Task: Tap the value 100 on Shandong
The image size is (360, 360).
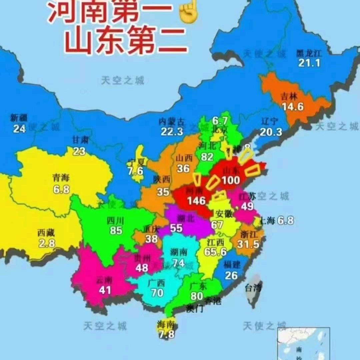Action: tap(231, 180)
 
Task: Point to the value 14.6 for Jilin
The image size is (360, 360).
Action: tap(292, 106)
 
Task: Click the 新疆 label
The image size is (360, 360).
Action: tap(19, 118)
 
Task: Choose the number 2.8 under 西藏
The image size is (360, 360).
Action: tap(47, 243)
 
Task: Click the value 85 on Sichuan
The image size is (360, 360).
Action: tap(116, 230)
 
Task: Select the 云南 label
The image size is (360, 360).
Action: tap(104, 280)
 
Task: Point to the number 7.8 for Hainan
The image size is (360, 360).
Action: tap(166, 334)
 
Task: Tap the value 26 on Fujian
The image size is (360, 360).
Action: tap(231, 275)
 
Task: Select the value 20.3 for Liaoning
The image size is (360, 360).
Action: tap(271, 132)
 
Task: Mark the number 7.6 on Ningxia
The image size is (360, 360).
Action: tap(135, 171)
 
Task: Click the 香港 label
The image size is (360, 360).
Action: tap(213, 301)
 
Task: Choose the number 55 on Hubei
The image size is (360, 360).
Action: tap(177, 228)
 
